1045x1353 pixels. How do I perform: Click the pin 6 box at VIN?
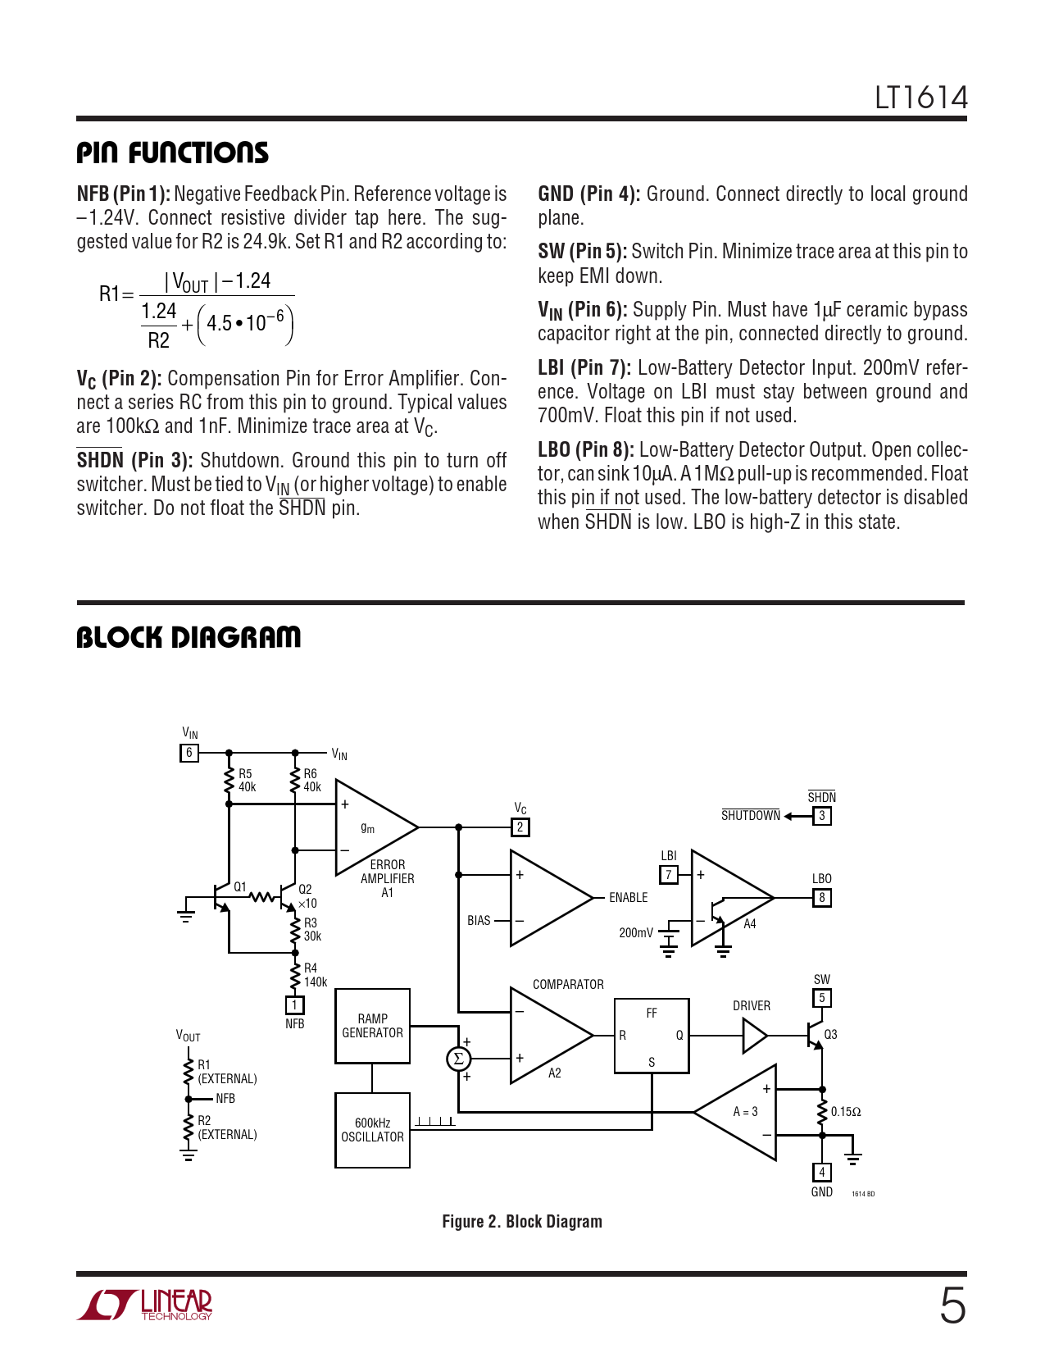pyautogui.click(x=189, y=753)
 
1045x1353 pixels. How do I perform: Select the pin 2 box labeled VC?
pyautogui.click(x=520, y=827)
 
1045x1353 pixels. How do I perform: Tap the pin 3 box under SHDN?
pyautogui.click(x=822, y=816)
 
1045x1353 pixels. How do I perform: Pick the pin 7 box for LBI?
pyautogui.click(x=669, y=875)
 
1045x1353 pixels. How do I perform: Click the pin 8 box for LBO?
pyautogui.click(x=822, y=897)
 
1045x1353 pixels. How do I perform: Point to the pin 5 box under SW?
pyautogui.click(x=822, y=998)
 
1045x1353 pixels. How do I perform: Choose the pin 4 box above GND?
pyautogui.click(x=822, y=1173)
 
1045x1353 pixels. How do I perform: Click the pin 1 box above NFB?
pyautogui.click(x=294, y=1005)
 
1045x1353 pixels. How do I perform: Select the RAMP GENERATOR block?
pyautogui.click(x=373, y=1026)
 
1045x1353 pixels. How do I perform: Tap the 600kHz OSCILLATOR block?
pyautogui.click(x=373, y=1130)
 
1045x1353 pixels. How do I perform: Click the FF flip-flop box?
pyautogui.click(x=652, y=1036)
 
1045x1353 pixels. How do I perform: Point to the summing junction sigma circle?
pyautogui.click(x=458, y=1059)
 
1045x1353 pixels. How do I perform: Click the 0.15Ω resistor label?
pyautogui.click(x=846, y=1112)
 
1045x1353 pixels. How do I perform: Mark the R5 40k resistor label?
pyautogui.click(x=246, y=781)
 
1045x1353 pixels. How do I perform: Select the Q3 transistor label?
pyautogui.click(x=830, y=1035)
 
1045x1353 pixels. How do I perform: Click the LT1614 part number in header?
pyautogui.click(x=920, y=98)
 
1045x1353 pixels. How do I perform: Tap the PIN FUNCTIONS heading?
pyautogui.click(x=172, y=153)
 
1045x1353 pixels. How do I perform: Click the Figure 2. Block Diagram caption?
pyautogui.click(x=522, y=1222)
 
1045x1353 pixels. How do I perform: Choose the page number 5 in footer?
pyautogui.click(x=952, y=1305)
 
